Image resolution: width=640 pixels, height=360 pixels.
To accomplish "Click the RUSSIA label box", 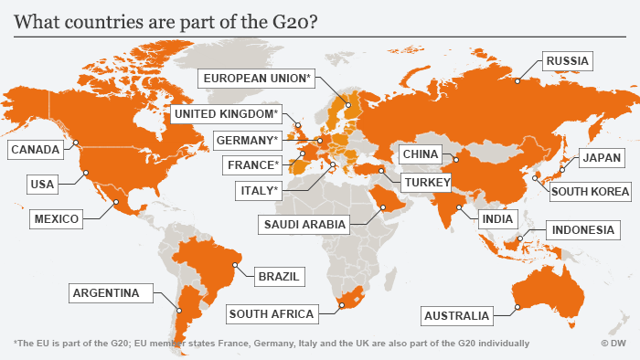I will click(x=568, y=62).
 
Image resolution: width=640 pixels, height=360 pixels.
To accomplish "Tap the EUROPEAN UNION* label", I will click(x=258, y=79).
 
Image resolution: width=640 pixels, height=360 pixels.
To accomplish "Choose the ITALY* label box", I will click(x=259, y=190).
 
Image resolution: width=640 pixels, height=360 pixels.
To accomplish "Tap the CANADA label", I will click(x=36, y=149).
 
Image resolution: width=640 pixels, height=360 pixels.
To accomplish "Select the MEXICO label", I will click(x=56, y=219).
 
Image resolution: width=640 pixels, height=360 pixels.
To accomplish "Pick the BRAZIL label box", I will click(x=280, y=275).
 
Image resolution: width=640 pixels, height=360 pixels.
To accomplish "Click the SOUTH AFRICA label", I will click(x=272, y=314).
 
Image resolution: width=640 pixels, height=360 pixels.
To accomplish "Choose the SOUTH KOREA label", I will click(x=590, y=192).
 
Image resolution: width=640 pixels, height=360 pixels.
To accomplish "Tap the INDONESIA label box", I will click(x=581, y=230).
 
